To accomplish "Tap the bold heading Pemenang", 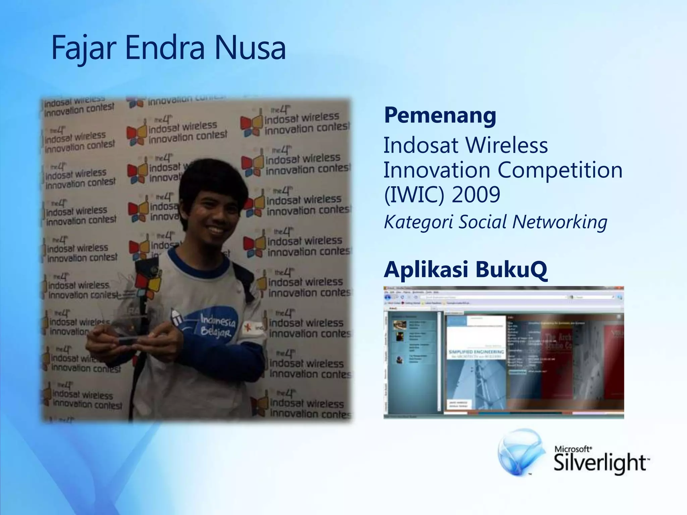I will pos(440,115).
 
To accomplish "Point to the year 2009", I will pos(476,194).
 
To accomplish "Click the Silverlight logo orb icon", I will pos(521,453).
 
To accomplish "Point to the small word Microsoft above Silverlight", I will pos(573,449).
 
